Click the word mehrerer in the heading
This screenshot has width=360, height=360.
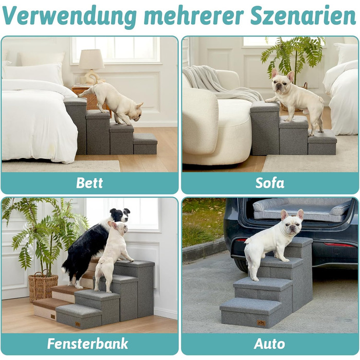(193, 16)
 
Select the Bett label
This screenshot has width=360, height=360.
(89, 183)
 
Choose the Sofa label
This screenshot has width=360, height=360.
(270, 183)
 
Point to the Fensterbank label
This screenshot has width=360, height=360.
(87, 344)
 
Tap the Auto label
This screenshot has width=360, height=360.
(269, 344)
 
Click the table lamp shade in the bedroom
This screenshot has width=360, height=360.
(92, 59)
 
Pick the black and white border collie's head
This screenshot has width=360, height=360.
(120, 214)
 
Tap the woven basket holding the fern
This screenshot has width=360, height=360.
(43, 286)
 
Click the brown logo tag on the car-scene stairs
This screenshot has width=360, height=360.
(261, 323)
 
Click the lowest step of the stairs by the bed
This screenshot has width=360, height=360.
(145, 144)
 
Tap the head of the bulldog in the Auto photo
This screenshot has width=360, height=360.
(292, 222)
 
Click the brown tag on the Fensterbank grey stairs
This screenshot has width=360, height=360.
(78, 324)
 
